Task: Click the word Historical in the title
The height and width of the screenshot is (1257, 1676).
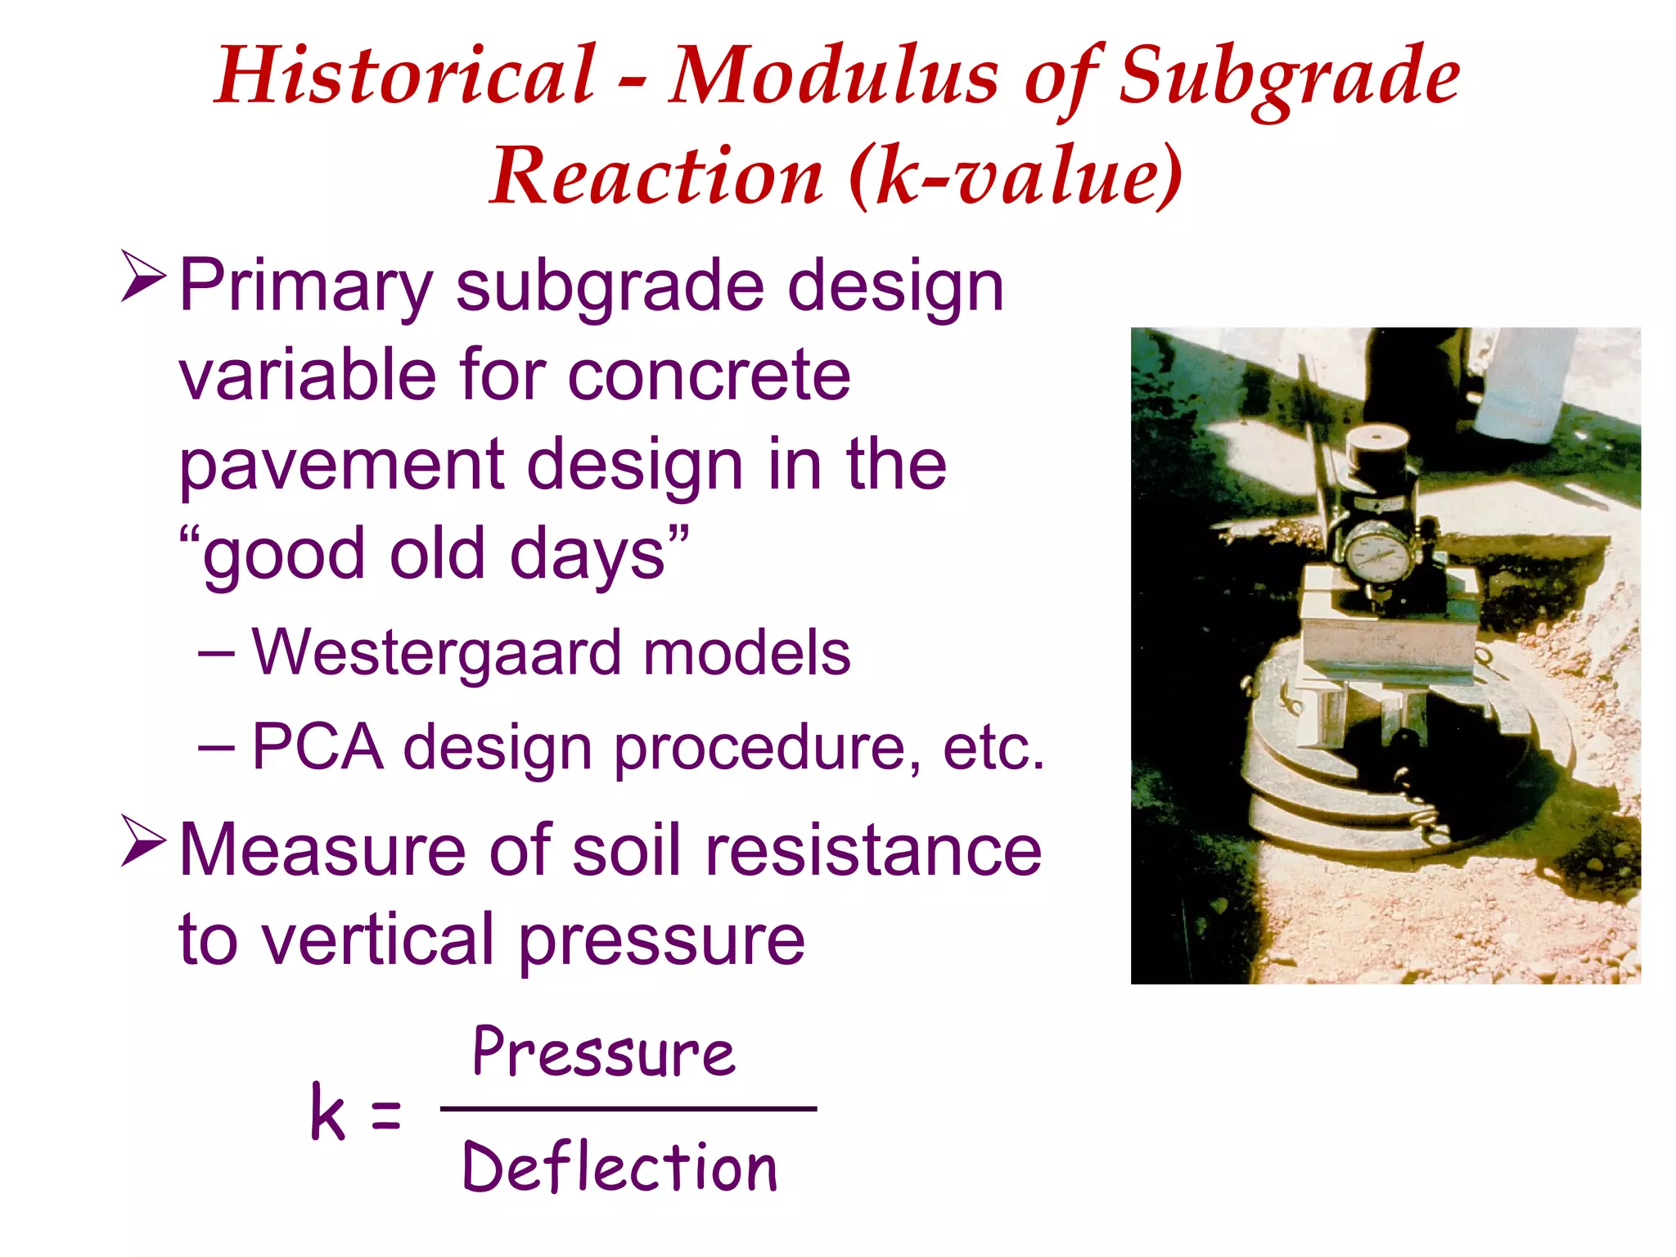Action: pos(405,75)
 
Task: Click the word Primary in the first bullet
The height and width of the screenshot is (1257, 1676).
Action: pos(305,286)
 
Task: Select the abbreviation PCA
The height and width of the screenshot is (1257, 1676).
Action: pos(318,746)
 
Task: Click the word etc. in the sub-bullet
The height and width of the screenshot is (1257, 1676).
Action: pos(993,746)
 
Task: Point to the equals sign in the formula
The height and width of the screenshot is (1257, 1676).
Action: pos(385,1115)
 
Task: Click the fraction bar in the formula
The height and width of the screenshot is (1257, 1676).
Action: pos(628,1109)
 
